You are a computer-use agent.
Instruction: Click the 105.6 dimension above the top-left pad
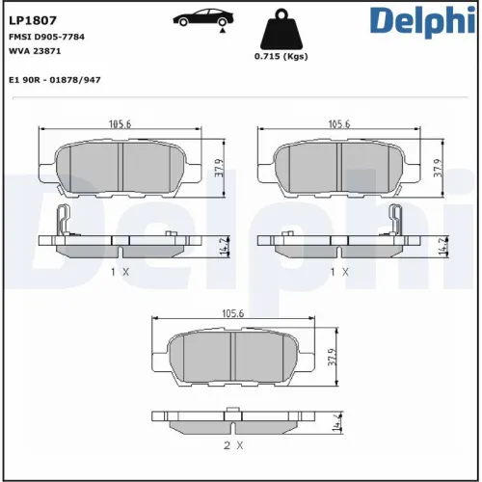(120, 124)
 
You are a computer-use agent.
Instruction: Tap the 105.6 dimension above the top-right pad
(338, 124)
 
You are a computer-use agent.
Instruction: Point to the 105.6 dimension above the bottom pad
(232, 313)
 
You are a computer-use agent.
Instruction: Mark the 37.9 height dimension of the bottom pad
(331, 359)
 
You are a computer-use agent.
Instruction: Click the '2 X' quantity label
(232, 445)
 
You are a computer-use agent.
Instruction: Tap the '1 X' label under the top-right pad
(338, 273)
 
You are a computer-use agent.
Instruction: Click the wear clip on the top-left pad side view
(63, 221)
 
